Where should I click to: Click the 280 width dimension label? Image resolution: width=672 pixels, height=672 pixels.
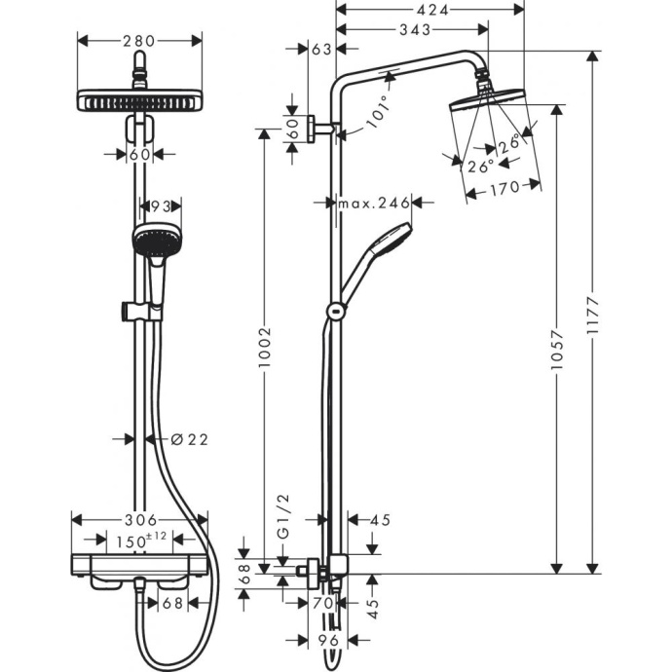coord(139,41)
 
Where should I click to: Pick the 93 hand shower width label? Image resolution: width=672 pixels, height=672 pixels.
coord(161,205)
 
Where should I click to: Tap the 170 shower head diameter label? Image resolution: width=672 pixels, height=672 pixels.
coord(504,189)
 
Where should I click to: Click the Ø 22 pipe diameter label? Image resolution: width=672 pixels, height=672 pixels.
coord(190,439)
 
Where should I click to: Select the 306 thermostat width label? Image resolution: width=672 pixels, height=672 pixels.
coord(139,520)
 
